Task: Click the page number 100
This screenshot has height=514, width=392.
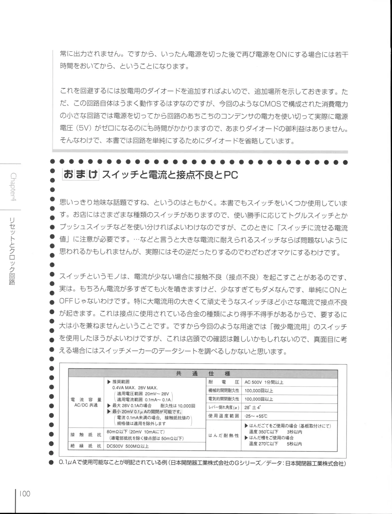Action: [x=24, y=493]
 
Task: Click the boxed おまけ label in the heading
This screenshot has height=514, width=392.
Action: [x=80, y=174]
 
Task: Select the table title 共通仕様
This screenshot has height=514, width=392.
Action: [x=203, y=373]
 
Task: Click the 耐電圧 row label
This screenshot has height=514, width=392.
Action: [x=224, y=382]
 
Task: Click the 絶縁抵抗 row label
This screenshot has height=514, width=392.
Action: [x=86, y=446]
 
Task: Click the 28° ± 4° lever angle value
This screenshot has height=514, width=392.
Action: [x=253, y=407]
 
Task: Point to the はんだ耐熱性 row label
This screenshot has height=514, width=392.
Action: [x=224, y=435]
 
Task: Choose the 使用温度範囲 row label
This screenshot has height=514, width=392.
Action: [x=224, y=416]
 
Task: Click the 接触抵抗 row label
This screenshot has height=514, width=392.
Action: [x=86, y=435]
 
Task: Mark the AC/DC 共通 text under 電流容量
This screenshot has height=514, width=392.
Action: [x=86, y=405]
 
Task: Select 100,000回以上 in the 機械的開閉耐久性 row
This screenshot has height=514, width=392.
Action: [x=259, y=391]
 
